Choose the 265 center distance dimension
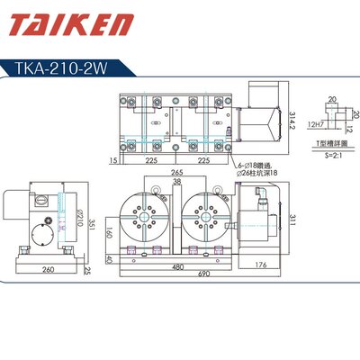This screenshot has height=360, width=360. coord(175,172)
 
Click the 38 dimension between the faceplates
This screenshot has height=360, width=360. coord(175,181)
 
